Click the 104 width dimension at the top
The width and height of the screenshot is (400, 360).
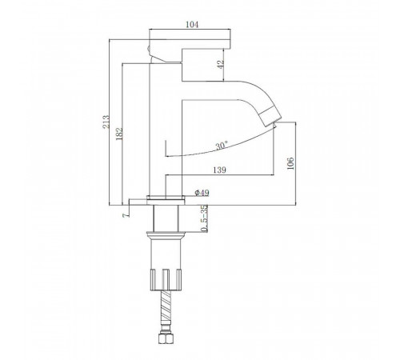pyautogui.click(x=192, y=25)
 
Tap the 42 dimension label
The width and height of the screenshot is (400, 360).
pyautogui.click(x=221, y=65)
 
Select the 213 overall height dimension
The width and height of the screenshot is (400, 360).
pyautogui.click(x=106, y=122)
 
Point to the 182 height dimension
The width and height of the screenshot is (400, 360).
pyautogui.click(x=119, y=134)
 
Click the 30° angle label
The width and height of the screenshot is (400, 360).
pyautogui.click(x=222, y=146)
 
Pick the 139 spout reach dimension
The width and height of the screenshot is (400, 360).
pyautogui.click(x=219, y=170)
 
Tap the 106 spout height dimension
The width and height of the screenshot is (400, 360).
pyautogui.click(x=290, y=163)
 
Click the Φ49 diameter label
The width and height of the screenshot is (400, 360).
pyautogui.click(x=202, y=193)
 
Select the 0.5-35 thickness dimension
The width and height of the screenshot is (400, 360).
pyautogui.click(x=204, y=218)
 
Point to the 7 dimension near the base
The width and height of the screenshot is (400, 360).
pyautogui.click(x=126, y=215)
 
